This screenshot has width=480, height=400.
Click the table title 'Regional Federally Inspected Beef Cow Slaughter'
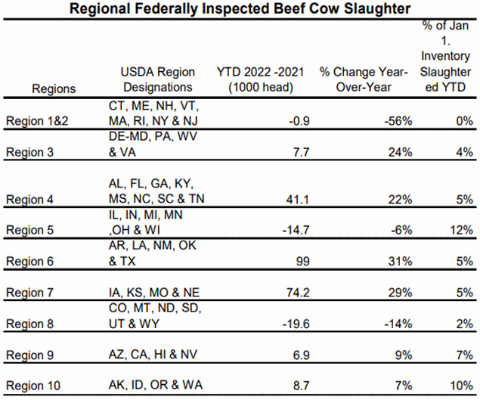click(x=240, y=9)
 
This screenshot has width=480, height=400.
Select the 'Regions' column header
click(x=54, y=88)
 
